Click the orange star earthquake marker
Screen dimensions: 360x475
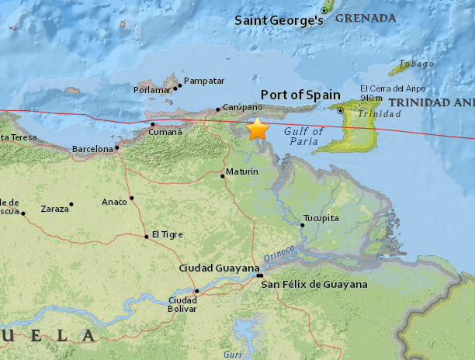[x=257, y=129]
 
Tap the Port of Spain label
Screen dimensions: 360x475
[x=301, y=95]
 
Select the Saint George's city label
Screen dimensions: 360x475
[x=279, y=20]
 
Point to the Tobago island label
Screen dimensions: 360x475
[x=412, y=64]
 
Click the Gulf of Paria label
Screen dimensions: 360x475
[x=303, y=137]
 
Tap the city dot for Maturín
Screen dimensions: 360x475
[x=223, y=175]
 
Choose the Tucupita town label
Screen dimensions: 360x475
[x=321, y=218]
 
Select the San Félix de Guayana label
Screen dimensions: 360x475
[x=314, y=285]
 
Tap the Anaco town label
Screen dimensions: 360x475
[x=114, y=202]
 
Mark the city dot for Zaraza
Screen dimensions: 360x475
[x=71, y=205]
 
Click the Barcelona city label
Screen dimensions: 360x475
[x=92, y=148]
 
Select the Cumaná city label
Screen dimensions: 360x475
[x=165, y=132]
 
